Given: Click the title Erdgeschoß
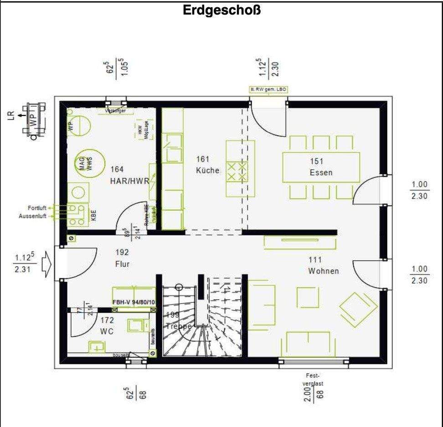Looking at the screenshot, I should (221, 10).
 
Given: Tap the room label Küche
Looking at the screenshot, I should (207, 171).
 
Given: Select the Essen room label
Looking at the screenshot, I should (321, 173).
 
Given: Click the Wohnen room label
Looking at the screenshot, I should (323, 271).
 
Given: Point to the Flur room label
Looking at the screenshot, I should (122, 264).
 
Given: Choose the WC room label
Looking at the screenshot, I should (107, 331).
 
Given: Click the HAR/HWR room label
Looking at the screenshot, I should (129, 181).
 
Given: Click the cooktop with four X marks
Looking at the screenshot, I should (237, 171).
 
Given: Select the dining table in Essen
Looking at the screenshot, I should (321, 167).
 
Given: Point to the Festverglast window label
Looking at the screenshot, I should (314, 380).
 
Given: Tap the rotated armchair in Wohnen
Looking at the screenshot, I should (358, 309).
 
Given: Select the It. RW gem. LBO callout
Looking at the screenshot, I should (268, 90).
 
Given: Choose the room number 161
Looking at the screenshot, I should (203, 159).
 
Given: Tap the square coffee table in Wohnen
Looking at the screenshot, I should (308, 297).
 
